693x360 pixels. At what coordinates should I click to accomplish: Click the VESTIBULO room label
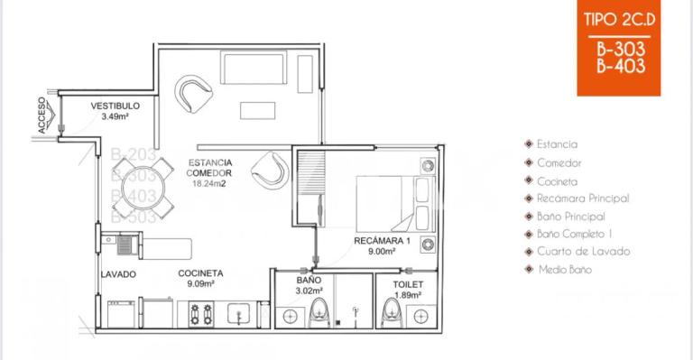[115, 106]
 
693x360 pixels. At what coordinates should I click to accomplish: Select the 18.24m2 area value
[208, 183]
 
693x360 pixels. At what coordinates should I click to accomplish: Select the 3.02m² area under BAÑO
[308, 291]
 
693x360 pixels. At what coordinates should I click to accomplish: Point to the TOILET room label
[408, 283]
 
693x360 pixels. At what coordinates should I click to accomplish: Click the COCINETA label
[200, 273]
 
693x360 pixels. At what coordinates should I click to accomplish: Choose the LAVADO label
[119, 274]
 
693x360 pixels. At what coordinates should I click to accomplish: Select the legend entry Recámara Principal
[582, 198]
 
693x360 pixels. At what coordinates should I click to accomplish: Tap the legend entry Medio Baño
[564, 270]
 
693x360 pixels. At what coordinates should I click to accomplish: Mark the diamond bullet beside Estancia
[529, 144]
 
